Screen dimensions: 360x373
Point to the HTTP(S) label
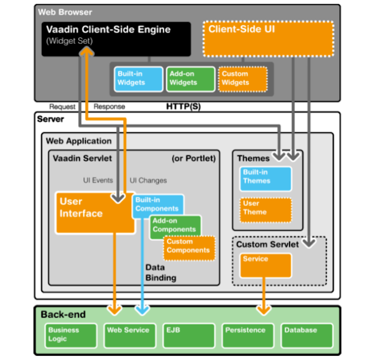[184, 107]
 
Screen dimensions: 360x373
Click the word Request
[62, 107]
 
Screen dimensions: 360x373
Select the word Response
[110, 107]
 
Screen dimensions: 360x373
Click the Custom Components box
[189, 247]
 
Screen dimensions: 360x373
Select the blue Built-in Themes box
[265, 178]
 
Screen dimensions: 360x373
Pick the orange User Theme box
[265, 209]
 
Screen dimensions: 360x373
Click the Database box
[307, 334]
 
